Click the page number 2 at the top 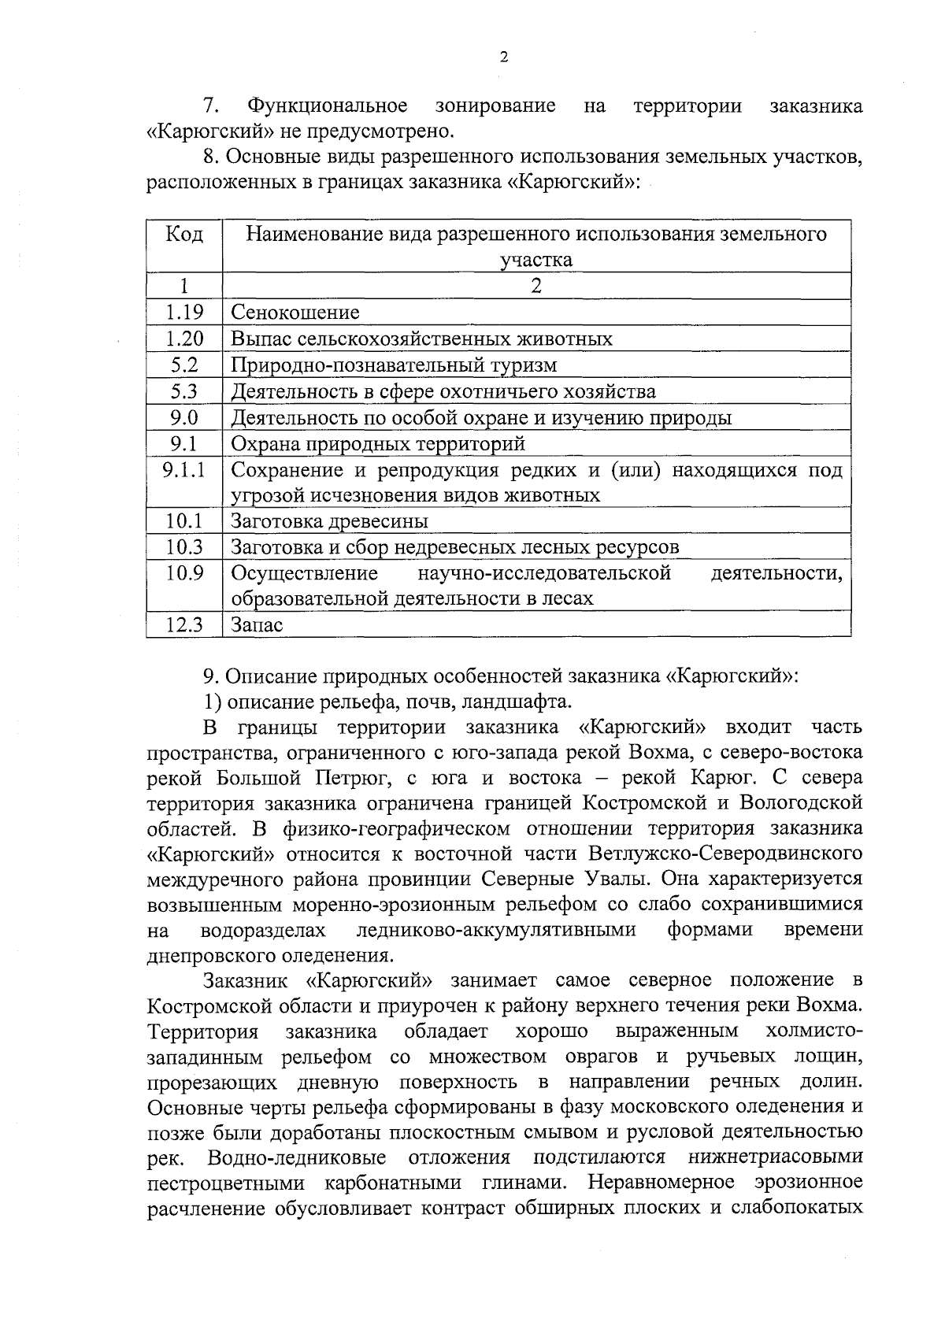pos(503,57)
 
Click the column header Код pos(184,235)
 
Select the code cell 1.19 pos(184,313)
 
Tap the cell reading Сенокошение pos(295,313)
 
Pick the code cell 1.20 pos(184,339)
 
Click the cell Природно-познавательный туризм pos(394,365)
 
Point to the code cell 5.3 pos(184,391)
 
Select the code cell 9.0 pos(184,417)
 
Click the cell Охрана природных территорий pos(378,443)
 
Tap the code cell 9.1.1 pos(184,470)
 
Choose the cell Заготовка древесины pos(330,521)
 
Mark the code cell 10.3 pos(184,546)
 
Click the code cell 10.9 pos(184,573)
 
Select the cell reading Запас pos(257,625)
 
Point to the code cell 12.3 pos(184,625)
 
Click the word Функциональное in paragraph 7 pos(327,106)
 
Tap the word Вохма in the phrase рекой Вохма pos(648,752)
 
